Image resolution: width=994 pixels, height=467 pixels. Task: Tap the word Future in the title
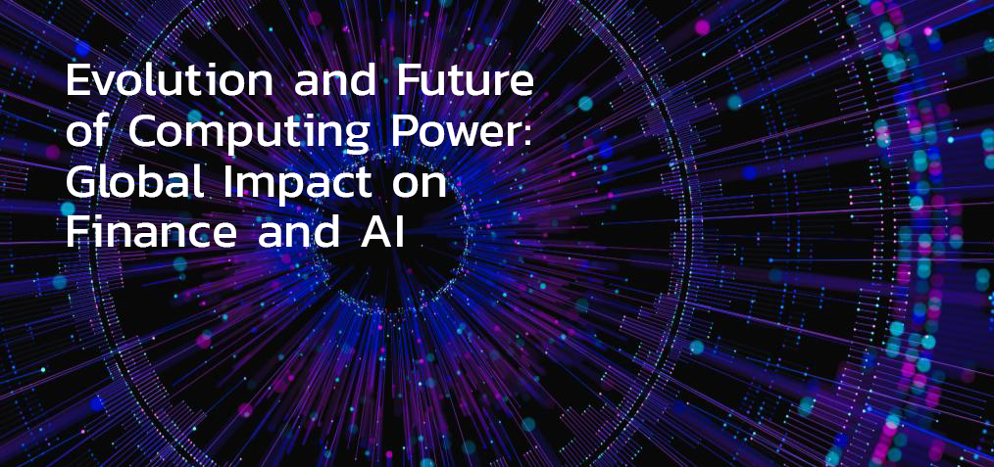[464, 81]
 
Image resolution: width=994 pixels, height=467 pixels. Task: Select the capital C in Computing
[143, 131]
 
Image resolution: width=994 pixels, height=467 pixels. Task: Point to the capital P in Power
[403, 131]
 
